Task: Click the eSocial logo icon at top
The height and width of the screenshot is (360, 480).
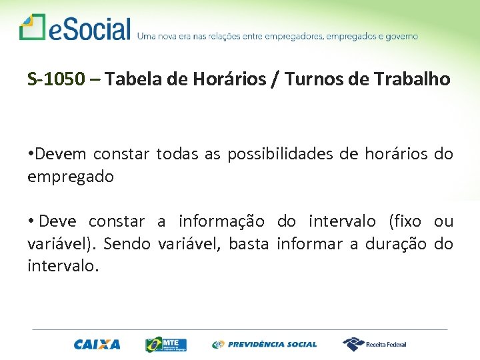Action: point(32,27)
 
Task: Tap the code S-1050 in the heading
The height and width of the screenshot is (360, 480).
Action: point(57,80)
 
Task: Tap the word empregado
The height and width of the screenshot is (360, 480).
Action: point(70,177)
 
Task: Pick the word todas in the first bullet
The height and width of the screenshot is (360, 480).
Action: point(177,155)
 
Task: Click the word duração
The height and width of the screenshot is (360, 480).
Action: point(394,244)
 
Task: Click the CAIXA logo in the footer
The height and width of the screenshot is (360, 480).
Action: point(97,345)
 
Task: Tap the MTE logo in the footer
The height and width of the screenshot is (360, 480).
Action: point(166,344)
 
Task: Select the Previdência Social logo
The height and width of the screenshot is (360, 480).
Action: point(265,345)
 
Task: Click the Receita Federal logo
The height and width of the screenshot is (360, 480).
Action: point(374,344)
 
